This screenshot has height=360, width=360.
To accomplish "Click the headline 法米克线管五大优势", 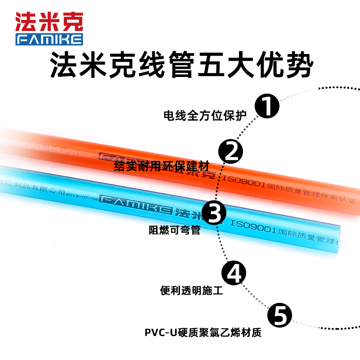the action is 180,66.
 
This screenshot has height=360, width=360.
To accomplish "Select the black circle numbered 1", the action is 267,106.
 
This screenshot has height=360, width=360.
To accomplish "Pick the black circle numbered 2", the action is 231,151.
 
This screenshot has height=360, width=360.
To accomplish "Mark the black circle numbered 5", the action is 280,315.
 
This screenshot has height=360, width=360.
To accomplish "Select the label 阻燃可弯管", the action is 174,230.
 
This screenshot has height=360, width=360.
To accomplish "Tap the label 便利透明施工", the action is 191,290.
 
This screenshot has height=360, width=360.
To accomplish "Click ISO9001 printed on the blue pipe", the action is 253,227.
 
